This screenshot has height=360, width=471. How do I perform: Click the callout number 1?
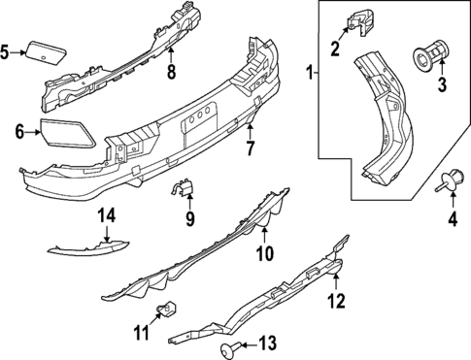tap(309, 73)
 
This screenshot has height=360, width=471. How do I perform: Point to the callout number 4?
tap(450, 221)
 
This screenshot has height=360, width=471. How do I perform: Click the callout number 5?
tap(6, 51)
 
